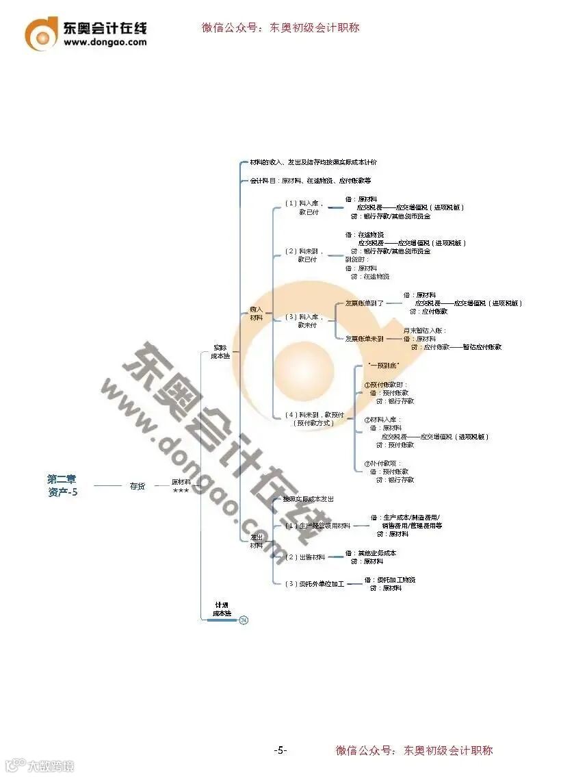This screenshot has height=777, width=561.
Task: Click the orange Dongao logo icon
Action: tap(42, 33)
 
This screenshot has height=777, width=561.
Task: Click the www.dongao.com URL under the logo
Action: tap(105, 42)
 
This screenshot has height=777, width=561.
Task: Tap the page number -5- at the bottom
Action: tap(280, 750)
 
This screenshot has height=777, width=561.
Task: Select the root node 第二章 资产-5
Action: tap(62, 485)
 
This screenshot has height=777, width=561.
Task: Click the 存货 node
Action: tap(138, 486)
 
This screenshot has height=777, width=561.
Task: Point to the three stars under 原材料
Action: tap(181, 491)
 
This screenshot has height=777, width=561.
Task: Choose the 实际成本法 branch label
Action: tap(220, 351)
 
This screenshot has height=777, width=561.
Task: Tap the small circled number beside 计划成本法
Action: tap(244, 620)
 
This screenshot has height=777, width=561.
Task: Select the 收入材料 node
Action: tap(256, 314)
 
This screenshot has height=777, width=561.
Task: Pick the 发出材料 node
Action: tap(256, 541)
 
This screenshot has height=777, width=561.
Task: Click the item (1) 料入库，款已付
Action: tap(304, 207)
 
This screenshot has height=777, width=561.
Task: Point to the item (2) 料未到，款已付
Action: tap(304, 255)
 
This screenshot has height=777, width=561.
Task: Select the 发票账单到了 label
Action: tap(364, 303)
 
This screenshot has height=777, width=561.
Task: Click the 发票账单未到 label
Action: tap(364, 338)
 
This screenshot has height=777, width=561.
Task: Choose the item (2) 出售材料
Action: tap(305, 557)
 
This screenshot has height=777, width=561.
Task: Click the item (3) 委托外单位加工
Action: tap(314, 583)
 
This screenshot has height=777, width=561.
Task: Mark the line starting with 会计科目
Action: tap(310, 181)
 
